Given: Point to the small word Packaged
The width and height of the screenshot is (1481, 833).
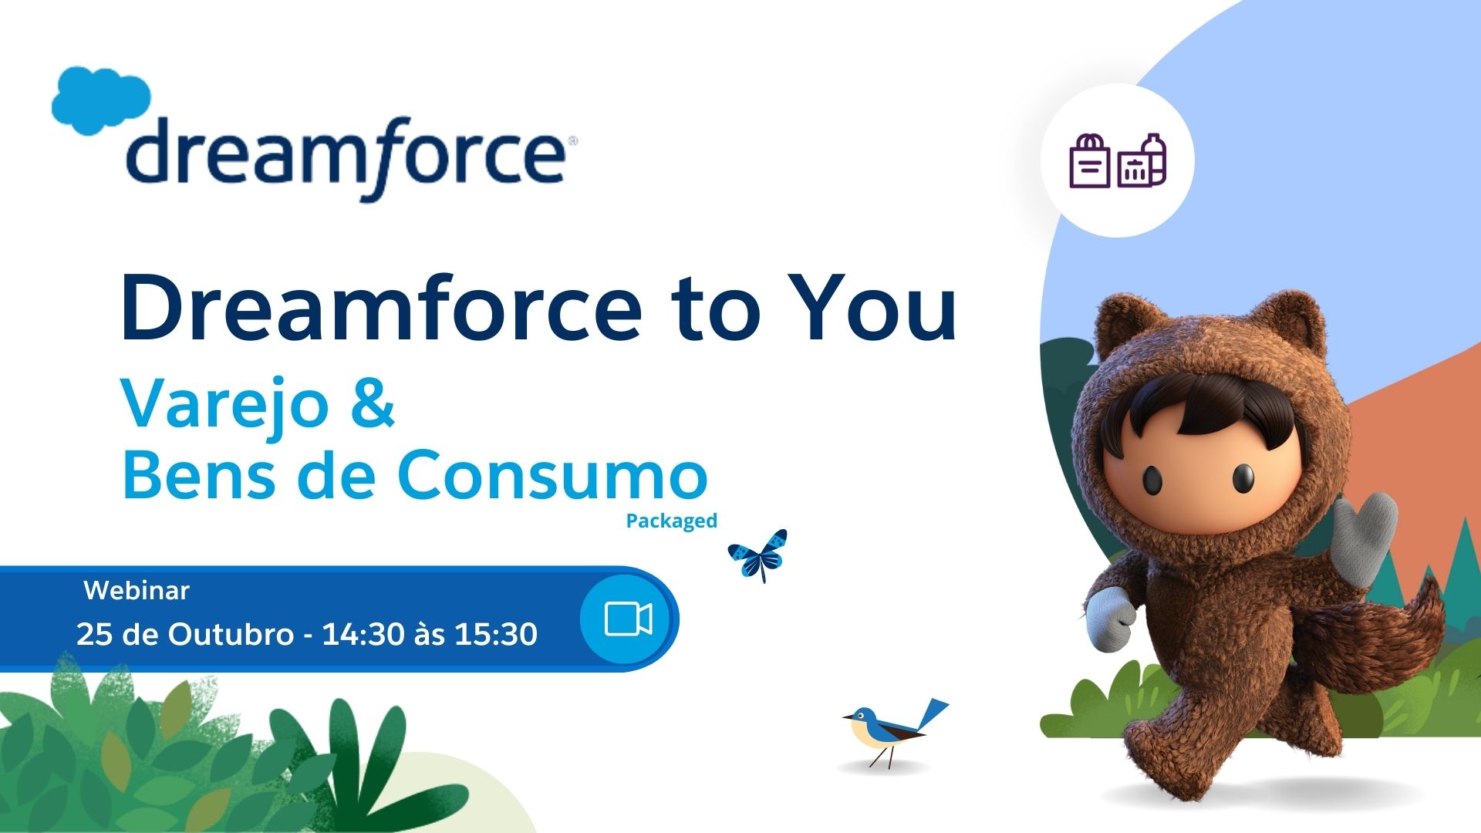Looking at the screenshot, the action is [x=672, y=521].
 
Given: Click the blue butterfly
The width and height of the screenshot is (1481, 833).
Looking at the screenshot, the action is [x=757, y=555].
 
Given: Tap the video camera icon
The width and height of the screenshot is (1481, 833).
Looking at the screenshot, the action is [x=628, y=619].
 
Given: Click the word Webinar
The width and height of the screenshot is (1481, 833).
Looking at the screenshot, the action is [x=137, y=591].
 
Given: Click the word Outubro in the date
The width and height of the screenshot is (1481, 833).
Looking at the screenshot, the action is [x=231, y=634].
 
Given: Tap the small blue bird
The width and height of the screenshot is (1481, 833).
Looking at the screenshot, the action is [x=895, y=732].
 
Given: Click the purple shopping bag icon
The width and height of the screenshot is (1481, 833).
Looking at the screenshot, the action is [x=1090, y=161].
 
